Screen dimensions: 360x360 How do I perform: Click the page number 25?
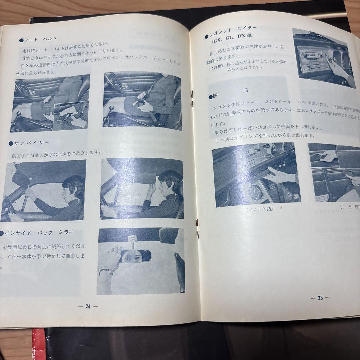tap(320, 298)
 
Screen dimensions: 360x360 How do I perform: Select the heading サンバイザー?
tap(32, 143)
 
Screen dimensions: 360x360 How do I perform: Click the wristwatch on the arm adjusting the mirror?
tap(106, 272)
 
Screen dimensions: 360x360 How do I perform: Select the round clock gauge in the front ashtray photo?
tap(256, 192)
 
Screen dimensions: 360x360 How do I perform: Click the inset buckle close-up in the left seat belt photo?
tap(70, 116)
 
